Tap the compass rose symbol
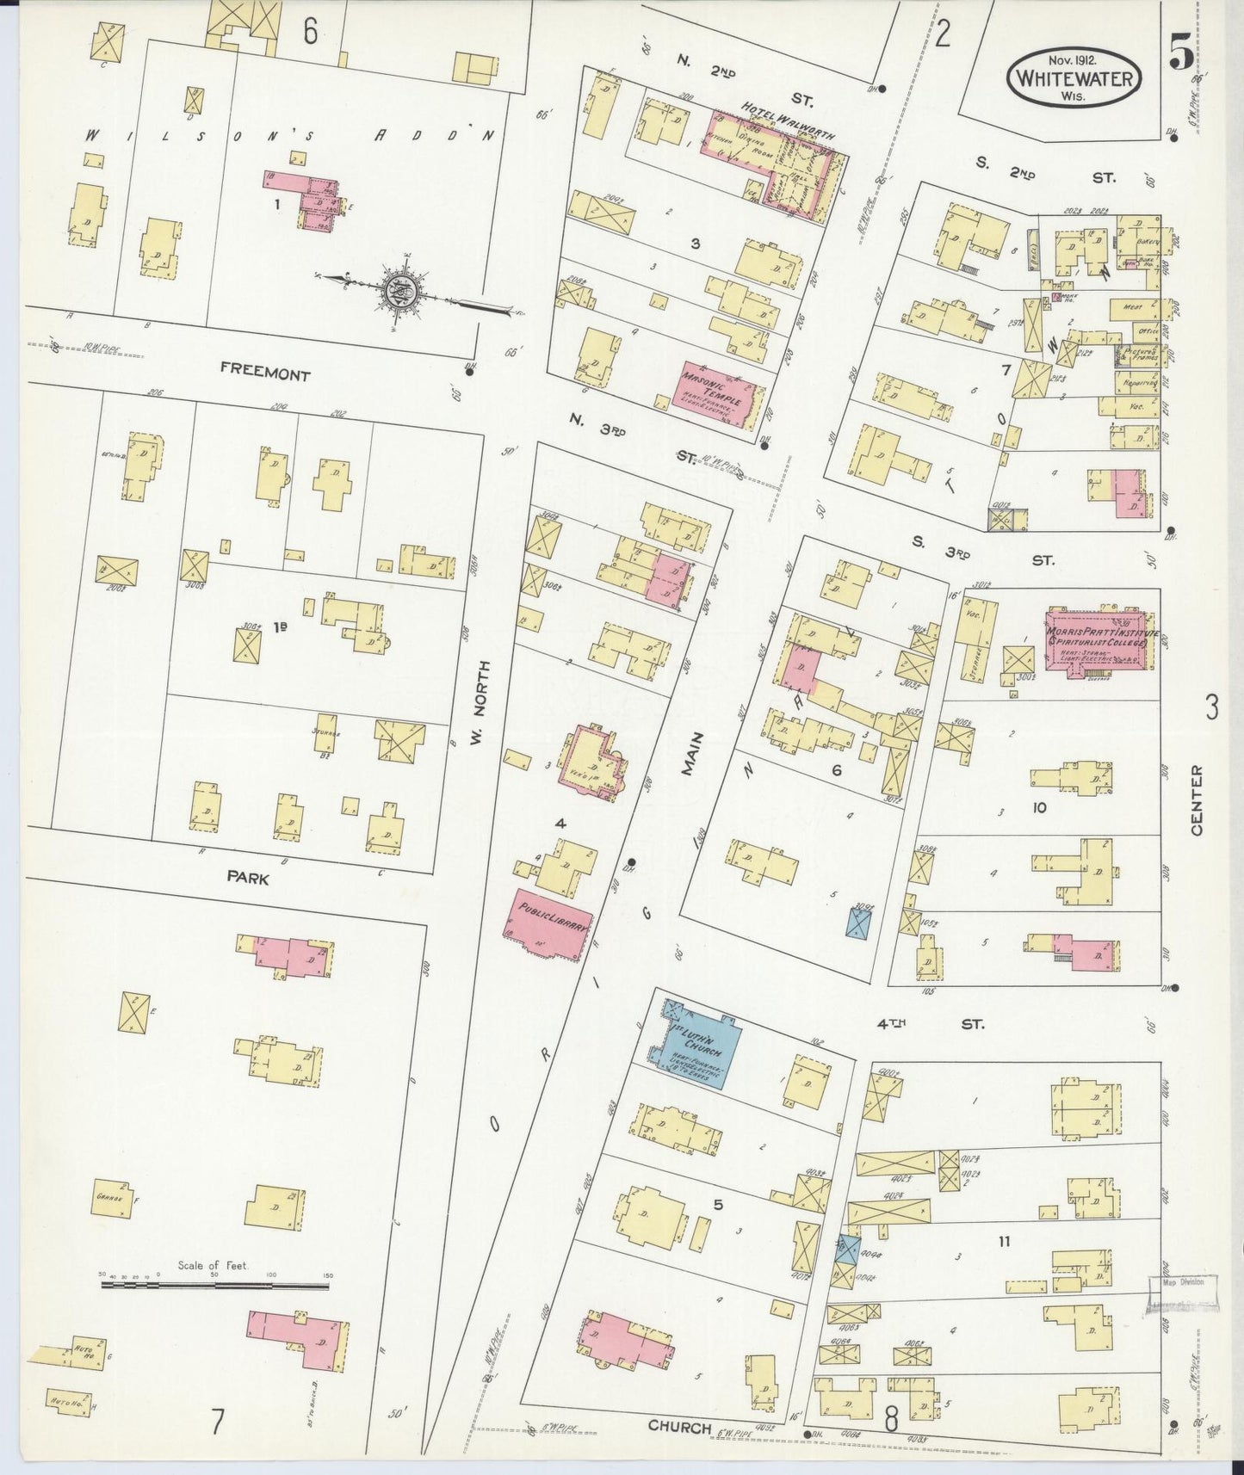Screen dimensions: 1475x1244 point(401,290)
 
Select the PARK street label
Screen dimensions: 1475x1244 point(248,879)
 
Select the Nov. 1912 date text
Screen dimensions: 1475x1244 point(1074,59)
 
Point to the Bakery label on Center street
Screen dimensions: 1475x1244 point(1151,242)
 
